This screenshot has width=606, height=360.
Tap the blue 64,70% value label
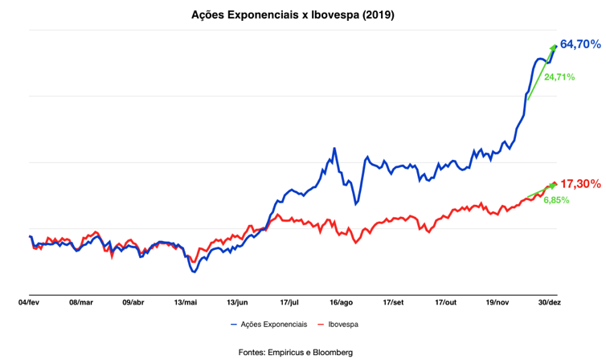579,45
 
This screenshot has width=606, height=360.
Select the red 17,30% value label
579,184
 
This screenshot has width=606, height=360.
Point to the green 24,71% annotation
559,77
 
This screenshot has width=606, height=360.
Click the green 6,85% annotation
555,199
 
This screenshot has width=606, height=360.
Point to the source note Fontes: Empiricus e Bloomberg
295,352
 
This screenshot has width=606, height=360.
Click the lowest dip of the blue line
193,272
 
